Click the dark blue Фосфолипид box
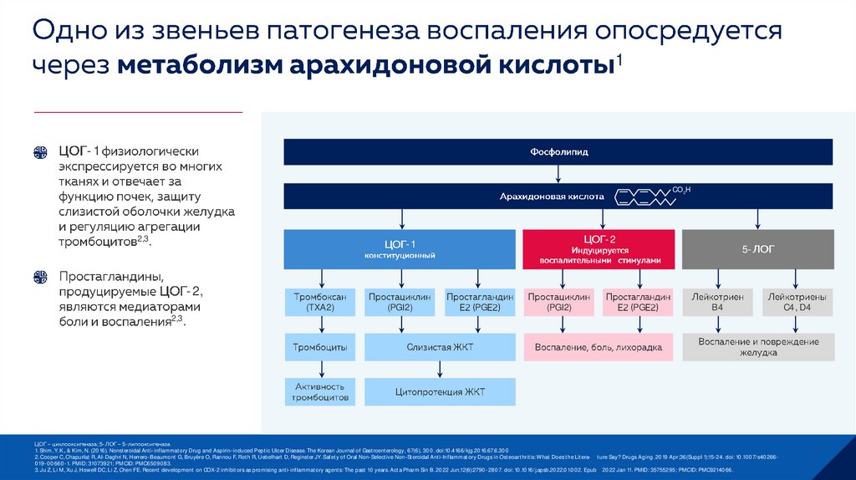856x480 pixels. pos(558,151)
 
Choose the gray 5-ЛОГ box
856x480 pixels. pos(757,248)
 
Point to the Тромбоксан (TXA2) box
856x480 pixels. pos(320,302)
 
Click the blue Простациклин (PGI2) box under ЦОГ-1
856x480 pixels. pos(399,302)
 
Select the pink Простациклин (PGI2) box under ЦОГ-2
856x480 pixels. pos(558,302)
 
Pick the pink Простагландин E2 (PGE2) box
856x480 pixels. pos(638,302)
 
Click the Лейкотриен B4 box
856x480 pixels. pos(716,302)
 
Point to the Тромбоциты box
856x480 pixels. pos(320,347)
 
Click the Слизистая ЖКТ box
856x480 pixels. pos(440,347)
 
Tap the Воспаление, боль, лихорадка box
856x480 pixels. pos(598,347)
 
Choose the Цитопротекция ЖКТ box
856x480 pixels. pos(440,391)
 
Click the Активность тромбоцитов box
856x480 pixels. pos(320,391)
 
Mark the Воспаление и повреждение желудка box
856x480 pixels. pos(757,347)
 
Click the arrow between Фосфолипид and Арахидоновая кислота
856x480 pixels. pos(558,174)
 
